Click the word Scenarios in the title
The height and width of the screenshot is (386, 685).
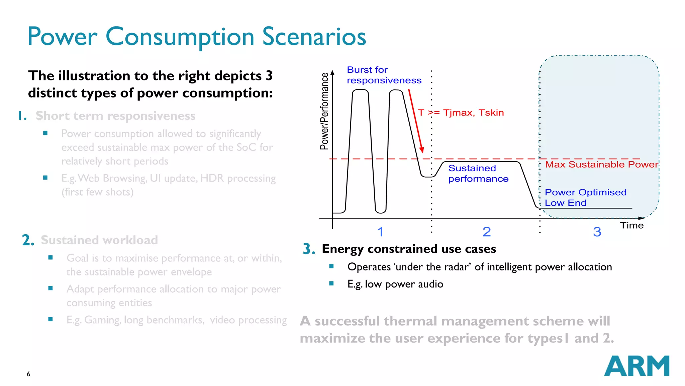(314, 37)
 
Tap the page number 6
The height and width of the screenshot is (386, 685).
(28, 374)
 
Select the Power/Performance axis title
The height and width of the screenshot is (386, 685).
(324, 111)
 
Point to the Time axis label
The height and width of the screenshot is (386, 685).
(632, 226)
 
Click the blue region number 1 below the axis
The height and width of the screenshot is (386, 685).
(380, 232)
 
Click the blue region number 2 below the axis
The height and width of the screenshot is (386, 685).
(487, 232)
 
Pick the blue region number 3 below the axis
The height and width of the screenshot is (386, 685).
(597, 232)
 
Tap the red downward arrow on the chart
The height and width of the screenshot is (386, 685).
(416, 121)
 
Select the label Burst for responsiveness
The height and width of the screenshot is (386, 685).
(384, 75)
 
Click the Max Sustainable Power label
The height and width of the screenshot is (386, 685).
(601, 165)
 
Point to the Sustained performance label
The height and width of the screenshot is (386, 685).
(478, 174)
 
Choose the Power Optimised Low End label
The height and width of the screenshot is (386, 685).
(585, 197)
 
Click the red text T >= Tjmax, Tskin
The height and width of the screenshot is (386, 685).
(461, 113)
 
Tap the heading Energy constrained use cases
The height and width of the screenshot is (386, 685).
(409, 249)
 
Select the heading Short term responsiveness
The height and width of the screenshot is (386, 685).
(115, 116)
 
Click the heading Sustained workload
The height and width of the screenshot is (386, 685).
(99, 240)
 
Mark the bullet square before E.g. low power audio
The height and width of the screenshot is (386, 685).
(331, 283)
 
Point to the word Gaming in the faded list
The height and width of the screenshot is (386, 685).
(102, 320)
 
